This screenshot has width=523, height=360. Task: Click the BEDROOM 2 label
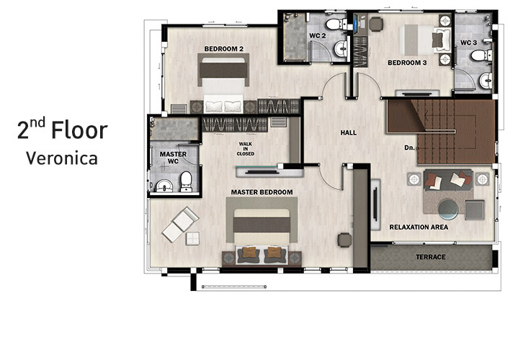coord(224,49)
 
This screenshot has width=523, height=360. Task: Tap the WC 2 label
coord(317,36)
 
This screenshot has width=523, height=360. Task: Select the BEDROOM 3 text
coord(407,63)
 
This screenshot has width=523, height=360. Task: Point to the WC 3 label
coord(469,42)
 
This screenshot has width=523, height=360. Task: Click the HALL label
coord(348,132)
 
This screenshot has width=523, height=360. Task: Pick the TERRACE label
coord(431,257)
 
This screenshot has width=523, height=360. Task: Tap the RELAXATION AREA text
coord(419,227)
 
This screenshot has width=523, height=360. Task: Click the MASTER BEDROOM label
coord(261,192)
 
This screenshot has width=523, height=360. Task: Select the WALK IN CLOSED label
coord(246,149)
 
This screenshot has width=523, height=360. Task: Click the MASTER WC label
coord(173,158)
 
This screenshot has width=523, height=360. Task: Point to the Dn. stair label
coord(409,148)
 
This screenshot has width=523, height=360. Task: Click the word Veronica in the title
coord(62,158)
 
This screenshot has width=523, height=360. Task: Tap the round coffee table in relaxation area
coord(448,209)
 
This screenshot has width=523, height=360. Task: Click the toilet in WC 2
coord(336,24)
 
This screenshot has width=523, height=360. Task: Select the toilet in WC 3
coord(481,55)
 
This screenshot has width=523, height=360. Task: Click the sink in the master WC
coord(164,185)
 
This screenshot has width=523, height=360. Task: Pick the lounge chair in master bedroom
coord(180,224)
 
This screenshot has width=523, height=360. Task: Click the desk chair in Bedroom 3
coord(376,24)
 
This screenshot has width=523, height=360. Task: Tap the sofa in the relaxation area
coord(448,180)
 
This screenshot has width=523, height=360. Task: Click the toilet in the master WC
coord(186,181)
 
